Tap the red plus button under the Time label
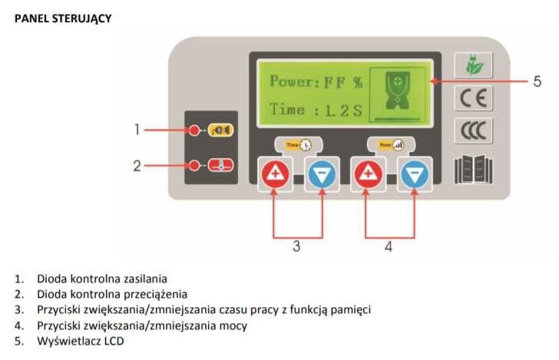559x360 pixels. click(275, 176)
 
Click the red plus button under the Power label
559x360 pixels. click(367, 176)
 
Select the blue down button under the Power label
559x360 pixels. click(415, 176)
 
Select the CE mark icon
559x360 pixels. click(471, 97)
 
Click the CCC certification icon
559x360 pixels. click(471, 130)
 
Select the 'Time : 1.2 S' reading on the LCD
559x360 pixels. click(315, 110)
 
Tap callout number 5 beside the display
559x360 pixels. click(537, 81)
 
